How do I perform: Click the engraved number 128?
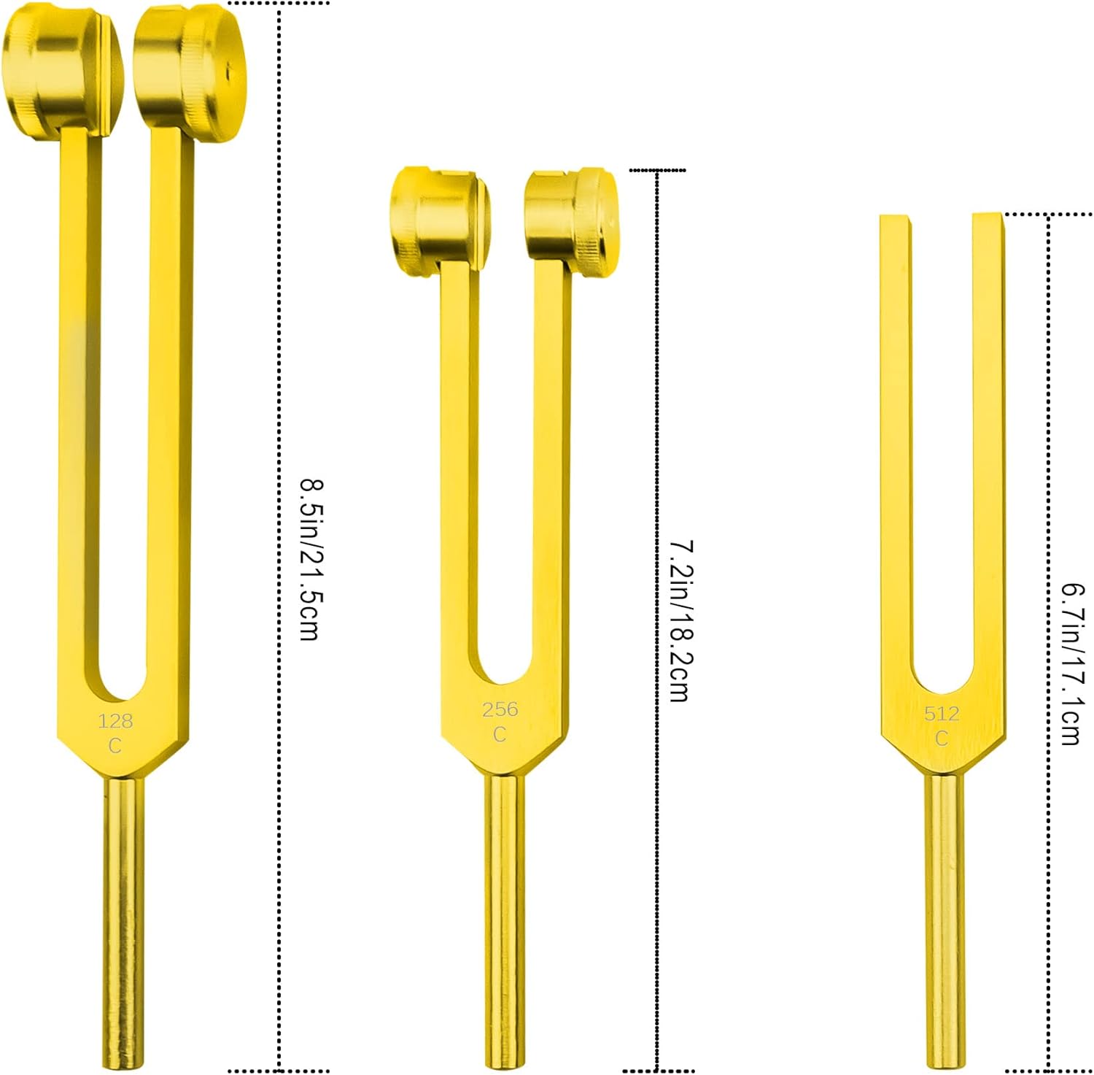tap(115, 721)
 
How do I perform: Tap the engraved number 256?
tap(500, 709)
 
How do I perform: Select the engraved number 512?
tap(942, 714)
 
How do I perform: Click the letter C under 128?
tap(115, 746)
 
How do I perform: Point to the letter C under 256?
tap(499, 734)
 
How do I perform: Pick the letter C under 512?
tap(942, 739)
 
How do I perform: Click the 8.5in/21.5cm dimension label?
tap(310, 560)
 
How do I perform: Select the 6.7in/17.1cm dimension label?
tap(1071, 663)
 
